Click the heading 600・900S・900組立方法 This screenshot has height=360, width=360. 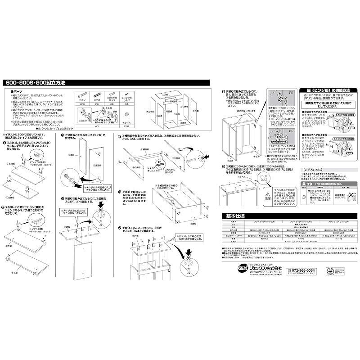click(36, 83)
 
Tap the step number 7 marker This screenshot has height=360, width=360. click(119, 227)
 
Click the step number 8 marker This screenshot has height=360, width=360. click(224, 91)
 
